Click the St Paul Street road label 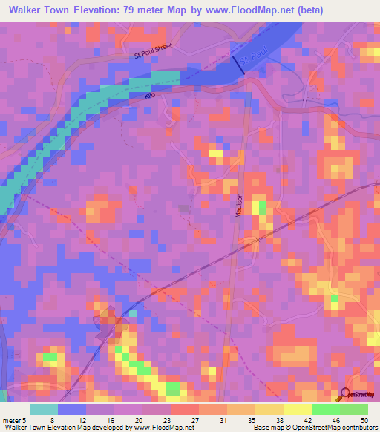tap(153, 50)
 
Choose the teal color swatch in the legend tap(44, 409)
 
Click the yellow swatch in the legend tap(297, 409)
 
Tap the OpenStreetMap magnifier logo tap(344, 395)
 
